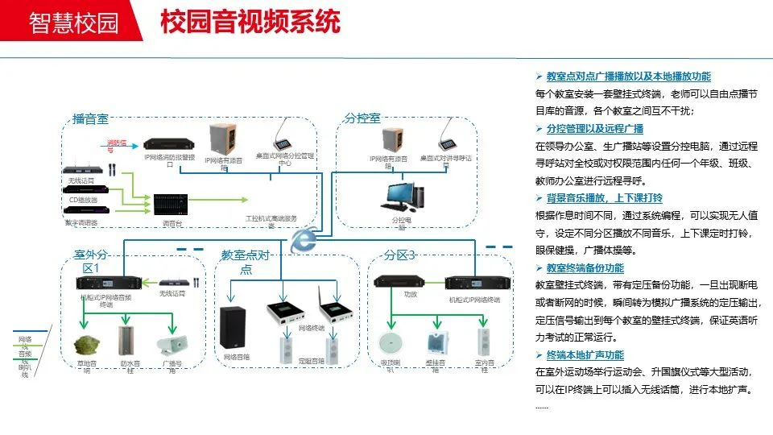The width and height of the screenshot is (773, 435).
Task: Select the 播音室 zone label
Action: (90, 119)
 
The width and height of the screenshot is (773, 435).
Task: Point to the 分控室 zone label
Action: (362, 118)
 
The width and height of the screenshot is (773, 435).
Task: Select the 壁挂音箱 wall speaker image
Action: (439, 342)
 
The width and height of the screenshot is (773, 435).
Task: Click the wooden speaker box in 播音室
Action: (223, 139)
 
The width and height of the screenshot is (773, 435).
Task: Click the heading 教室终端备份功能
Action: (585, 268)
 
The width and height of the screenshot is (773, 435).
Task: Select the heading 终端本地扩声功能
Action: (585, 355)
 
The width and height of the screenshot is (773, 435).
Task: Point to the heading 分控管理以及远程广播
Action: (595, 129)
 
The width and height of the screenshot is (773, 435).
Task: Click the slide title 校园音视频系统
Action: (250, 23)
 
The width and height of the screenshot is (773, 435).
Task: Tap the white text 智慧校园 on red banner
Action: (73, 23)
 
